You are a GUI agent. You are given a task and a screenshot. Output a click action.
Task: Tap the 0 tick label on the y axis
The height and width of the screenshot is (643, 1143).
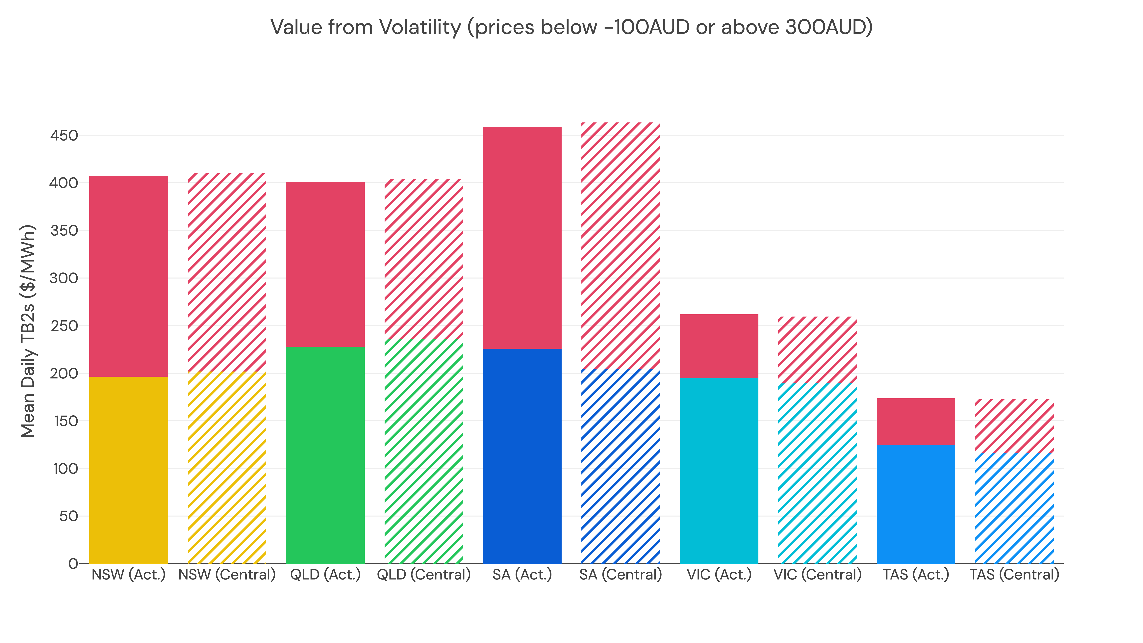73,564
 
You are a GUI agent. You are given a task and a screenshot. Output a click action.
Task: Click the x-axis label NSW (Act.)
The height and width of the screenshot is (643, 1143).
128,575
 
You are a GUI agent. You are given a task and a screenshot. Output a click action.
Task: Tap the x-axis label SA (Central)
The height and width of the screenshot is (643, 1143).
620,575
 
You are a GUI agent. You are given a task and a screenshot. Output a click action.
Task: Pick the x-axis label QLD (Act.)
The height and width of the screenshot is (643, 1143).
325,575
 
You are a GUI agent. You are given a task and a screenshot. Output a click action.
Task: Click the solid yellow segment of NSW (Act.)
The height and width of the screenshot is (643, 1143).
128,470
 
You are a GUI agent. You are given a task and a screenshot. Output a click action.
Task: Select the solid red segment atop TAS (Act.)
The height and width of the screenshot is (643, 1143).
916,422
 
